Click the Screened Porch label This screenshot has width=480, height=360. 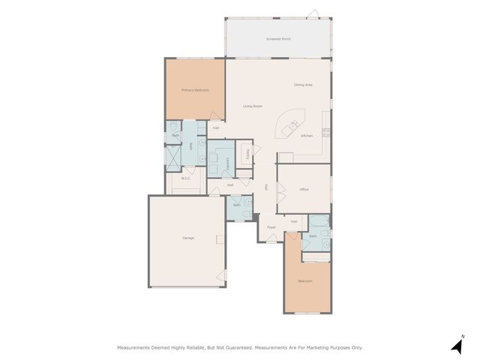click(278, 37)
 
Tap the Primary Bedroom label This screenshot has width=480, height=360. click(195, 90)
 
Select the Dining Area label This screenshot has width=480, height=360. click(303, 85)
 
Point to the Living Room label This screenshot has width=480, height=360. click(252, 106)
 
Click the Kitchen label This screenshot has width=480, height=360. click(307, 136)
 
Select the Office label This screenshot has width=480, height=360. click(304, 189)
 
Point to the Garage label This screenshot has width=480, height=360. click(188, 238)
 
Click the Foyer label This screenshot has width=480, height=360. click(271, 226)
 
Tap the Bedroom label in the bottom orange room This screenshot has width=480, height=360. click(304, 281)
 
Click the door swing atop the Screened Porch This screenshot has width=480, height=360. click(314, 13)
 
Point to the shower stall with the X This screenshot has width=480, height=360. click(174, 156)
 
